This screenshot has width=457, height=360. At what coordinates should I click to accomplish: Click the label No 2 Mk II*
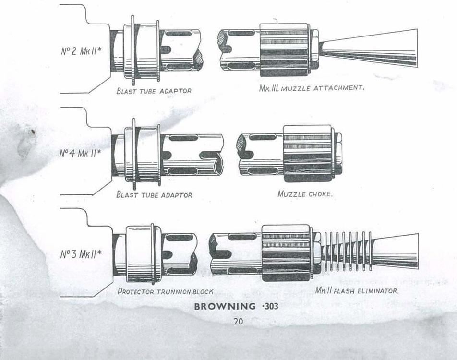(81, 51)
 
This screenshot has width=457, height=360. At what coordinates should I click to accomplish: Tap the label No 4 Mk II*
(80, 153)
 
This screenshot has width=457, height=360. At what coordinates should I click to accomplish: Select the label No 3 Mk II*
(81, 254)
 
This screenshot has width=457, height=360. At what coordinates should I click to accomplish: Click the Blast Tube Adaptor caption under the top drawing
(154, 91)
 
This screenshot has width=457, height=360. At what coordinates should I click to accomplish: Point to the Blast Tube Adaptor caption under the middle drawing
(154, 194)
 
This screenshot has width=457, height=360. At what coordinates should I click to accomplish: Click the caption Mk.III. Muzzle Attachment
(312, 88)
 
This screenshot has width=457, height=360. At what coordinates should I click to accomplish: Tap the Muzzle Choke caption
(305, 194)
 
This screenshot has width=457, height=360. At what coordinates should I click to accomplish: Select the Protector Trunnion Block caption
(165, 291)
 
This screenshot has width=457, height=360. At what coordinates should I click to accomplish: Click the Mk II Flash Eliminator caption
(357, 290)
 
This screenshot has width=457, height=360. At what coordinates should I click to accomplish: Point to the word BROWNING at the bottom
(225, 306)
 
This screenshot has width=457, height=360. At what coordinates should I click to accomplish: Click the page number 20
(238, 321)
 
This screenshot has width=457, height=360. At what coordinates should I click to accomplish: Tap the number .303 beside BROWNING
(270, 306)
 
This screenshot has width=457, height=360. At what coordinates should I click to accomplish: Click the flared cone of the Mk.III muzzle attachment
(369, 48)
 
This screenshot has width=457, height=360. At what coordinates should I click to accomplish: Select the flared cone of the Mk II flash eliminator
(395, 251)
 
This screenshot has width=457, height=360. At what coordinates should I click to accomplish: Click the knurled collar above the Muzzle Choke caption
(308, 154)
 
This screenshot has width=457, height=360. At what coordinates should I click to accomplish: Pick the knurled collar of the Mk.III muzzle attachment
(284, 50)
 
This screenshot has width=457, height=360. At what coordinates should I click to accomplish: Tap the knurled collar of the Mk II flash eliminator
(286, 253)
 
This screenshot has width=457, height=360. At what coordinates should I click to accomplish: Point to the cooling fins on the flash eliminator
(346, 251)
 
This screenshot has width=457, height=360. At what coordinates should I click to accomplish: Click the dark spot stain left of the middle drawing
(33, 132)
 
